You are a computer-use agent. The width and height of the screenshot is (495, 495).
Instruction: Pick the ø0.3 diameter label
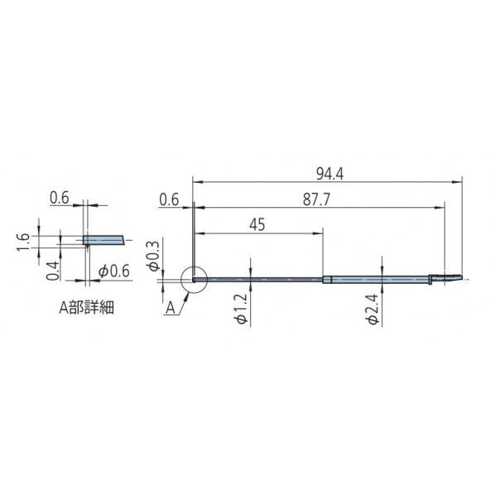(152, 256)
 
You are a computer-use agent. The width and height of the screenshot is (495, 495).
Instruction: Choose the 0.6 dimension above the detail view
(59, 198)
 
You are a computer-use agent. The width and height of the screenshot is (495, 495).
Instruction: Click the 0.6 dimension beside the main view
(169, 199)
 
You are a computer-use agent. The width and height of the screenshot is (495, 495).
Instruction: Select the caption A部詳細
(85, 307)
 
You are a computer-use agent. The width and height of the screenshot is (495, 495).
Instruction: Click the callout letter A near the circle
(170, 308)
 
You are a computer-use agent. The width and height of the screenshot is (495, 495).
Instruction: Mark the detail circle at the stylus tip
(192, 279)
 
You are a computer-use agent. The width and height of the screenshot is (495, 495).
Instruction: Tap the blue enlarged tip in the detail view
(104, 240)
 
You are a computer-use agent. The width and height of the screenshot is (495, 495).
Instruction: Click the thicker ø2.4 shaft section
(377, 279)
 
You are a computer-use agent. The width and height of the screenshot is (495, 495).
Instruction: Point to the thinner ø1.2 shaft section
(257, 279)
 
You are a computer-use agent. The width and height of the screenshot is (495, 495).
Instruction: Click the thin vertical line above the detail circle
(192, 240)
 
